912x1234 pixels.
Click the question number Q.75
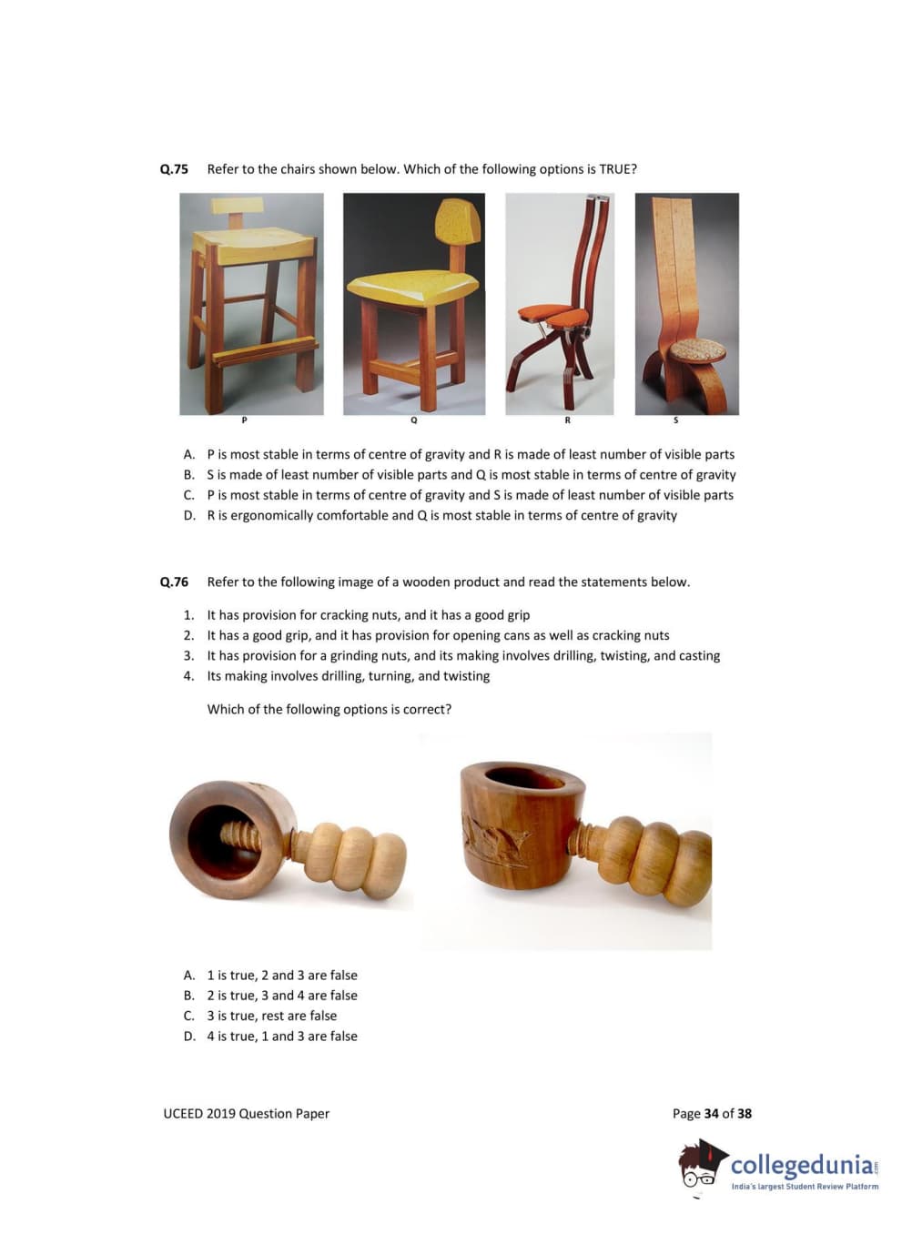(174, 169)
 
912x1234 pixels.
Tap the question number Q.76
(174, 582)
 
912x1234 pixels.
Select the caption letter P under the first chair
(244, 420)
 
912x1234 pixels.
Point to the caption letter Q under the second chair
(413, 420)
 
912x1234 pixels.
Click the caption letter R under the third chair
(567, 420)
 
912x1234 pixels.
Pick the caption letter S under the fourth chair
(675, 420)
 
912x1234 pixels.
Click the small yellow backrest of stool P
(238, 206)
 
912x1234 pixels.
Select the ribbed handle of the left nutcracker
(350, 856)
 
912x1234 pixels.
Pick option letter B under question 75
(189, 474)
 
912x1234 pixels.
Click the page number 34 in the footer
(711, 1113)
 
